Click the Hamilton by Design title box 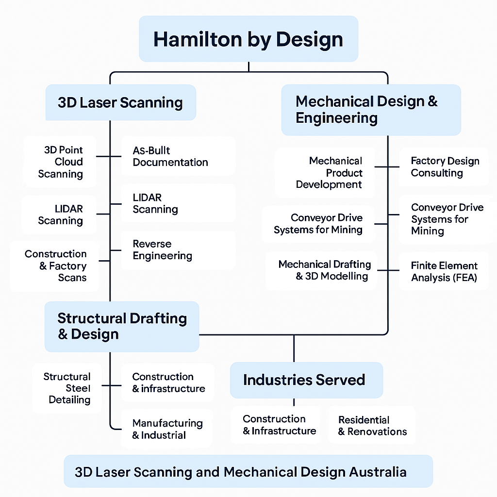click(248, 39)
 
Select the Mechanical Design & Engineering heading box click(371, 110)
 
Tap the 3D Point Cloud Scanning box click(60, 162)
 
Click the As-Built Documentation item click(179, 156)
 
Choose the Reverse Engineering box click(179, 250)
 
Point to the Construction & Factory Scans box click(54, 266)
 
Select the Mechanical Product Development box click(325, 173)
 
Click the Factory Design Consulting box click(444, 167)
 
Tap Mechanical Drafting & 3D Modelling click(321, 270)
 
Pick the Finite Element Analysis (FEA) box click(444, 271)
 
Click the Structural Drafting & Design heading click(122, 327)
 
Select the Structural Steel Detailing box click(67, 388)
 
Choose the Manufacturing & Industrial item click(166, 429)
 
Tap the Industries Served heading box click(307, 380)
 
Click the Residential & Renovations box click(372, 425)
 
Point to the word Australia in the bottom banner click(378, 472)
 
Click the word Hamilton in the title click(198, 39)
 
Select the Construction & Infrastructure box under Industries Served click(276, 425)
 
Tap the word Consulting click(437, 173)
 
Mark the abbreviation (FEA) click(465, 278)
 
